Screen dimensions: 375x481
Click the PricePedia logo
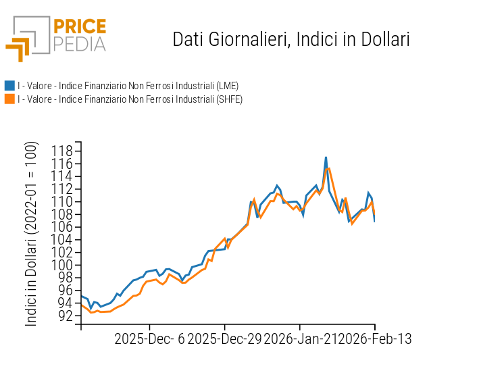tap(55, 37)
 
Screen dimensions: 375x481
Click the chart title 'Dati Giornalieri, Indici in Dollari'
tap(291, 39)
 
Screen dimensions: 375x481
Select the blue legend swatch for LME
tap(9, 86)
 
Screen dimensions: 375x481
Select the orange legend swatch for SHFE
tap(9, 99)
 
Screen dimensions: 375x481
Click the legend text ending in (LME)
tap(128, 86)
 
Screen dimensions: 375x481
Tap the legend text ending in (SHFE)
tap(130, 99)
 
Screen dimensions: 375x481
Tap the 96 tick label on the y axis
tap(66, 291)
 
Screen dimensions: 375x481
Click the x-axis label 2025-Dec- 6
tap(149, 339)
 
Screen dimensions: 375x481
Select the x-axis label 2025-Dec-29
tap(224, 339)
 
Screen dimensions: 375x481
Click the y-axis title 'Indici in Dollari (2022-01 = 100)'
tap(32, 234)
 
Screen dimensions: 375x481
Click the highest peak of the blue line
tap(326, 157)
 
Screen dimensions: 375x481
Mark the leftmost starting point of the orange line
tap(81, 304)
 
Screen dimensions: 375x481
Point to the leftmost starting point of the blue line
tap(81, 295)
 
